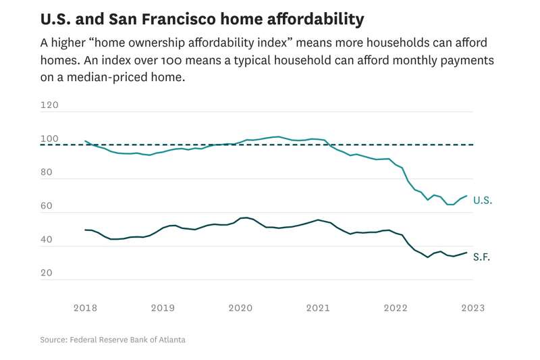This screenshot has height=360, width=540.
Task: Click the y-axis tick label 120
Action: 49,105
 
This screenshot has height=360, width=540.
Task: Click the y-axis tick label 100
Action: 49,139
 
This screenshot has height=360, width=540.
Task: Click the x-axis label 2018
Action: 85,307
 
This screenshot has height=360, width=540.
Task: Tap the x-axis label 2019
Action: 163,307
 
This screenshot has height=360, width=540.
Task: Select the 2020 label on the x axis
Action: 240,307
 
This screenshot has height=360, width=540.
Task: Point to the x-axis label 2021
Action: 318,307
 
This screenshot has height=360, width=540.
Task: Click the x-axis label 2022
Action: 396,307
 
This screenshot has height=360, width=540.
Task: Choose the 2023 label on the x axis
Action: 473,307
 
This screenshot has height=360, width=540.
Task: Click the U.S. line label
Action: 483,201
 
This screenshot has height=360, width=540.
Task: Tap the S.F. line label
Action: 481,257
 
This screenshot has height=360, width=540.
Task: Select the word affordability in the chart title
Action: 311,18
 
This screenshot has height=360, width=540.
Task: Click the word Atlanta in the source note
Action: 171,340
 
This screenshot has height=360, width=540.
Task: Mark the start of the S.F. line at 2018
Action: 85,230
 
